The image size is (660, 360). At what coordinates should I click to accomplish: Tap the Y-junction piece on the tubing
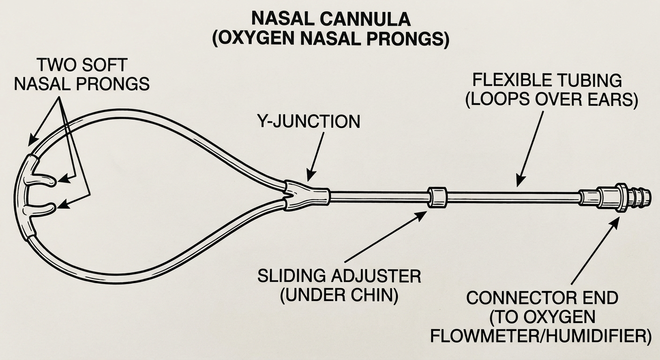tap(307, 195)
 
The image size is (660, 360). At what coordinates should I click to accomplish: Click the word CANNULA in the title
tap(365, 19)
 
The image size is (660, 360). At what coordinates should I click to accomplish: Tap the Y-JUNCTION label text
tap(308, 121)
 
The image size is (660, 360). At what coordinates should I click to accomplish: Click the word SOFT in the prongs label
tap(105, 65)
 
